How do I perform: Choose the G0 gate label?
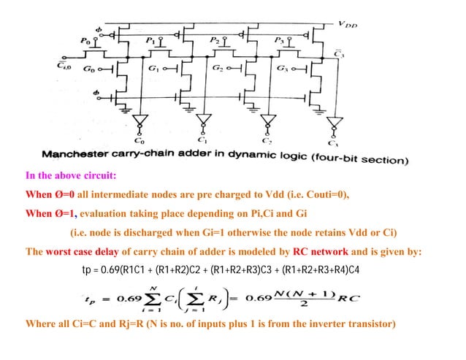[x=90, y=68]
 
